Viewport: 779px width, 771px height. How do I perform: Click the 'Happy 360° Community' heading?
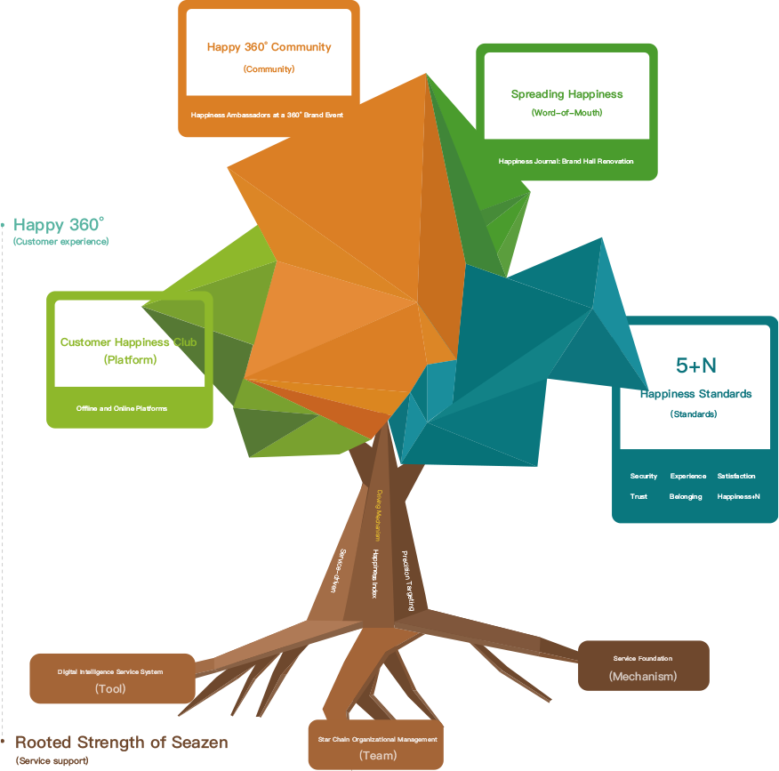(269, 47)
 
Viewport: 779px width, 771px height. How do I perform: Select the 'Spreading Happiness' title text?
(566, 94)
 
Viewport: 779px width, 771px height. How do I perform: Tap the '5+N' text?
(695, 365)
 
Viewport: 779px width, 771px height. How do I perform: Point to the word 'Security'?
(644, 477)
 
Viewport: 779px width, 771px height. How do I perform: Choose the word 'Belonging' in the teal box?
(686, 497)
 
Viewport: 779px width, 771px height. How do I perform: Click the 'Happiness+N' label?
(738, 497)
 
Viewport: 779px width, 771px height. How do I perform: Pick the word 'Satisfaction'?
(736, 477)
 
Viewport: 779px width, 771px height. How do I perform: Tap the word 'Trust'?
(638, 497)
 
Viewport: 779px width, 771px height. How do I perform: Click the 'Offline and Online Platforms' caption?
(122, 408)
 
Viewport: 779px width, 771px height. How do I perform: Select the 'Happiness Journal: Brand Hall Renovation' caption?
(566, 161)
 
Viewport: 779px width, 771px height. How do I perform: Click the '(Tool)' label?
(110, 688)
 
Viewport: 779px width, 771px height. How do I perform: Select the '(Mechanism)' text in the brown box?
(643, 676)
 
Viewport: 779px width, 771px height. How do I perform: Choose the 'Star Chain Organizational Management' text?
(378, 739)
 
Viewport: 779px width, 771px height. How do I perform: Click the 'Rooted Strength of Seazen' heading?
(122, 743)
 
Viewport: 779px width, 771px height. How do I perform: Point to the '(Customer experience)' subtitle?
(60, 242)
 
